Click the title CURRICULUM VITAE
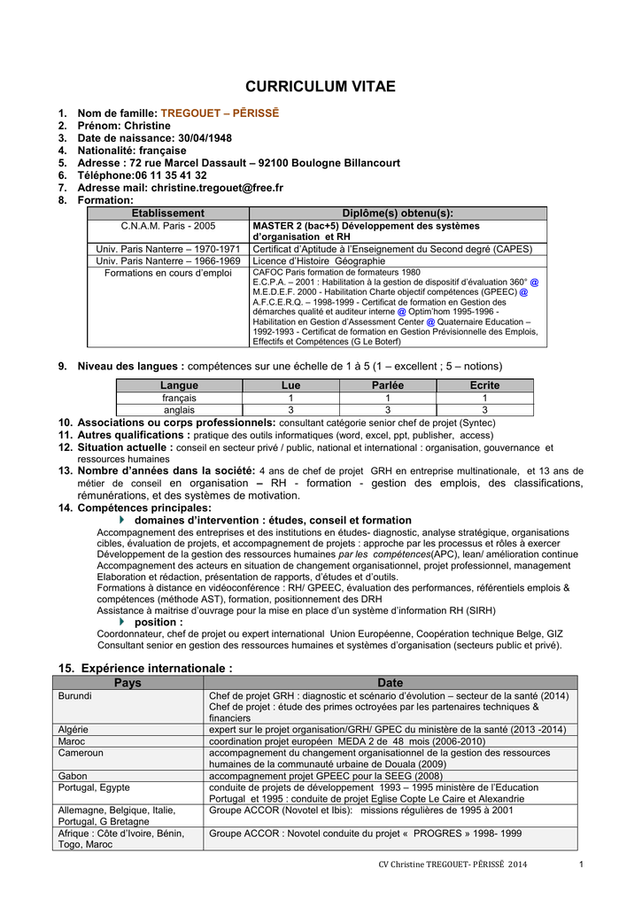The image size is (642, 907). (321, 87)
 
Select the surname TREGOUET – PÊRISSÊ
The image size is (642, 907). (220, 113)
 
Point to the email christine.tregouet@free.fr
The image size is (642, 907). (217, 188)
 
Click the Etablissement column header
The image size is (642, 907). (167, 213)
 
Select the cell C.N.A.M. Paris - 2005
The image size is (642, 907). (167, 226)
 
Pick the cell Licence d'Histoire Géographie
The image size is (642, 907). (319, 261)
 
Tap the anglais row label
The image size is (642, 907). (179, 410)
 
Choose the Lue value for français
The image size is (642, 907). (290, 398)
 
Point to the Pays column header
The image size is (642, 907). (128, 683)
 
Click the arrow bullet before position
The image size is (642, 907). (122, 623)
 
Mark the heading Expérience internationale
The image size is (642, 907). (156, 668)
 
